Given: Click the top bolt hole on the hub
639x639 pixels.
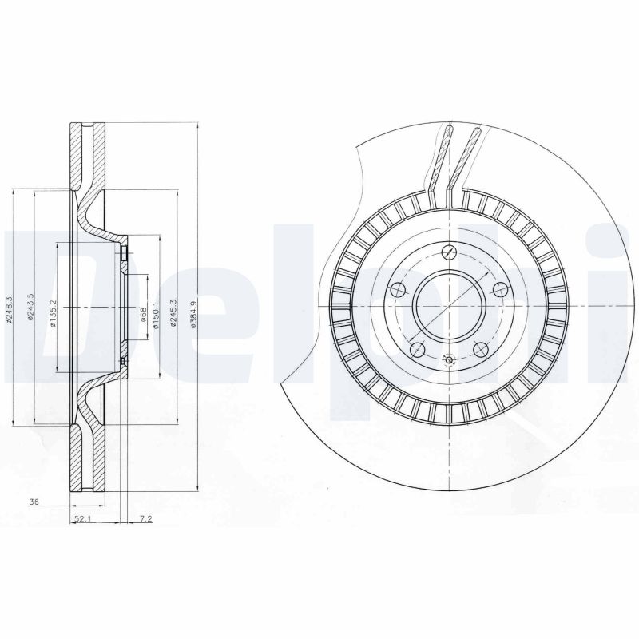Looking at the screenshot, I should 449,253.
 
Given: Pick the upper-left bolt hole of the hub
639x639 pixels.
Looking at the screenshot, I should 397,289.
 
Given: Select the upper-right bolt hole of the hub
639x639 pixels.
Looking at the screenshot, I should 499,288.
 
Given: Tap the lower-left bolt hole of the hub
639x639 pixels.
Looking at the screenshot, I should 415,348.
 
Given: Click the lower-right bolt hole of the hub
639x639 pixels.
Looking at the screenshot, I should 480,348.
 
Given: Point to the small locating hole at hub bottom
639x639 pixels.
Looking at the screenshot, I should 448,360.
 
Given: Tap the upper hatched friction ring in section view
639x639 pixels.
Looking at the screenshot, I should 77,156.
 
